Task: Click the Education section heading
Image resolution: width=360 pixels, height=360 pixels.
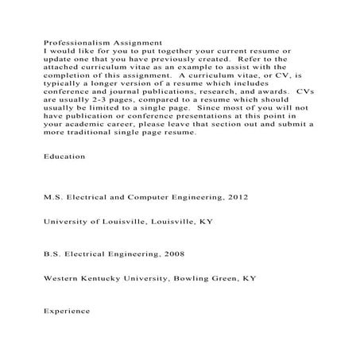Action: (x=64, y=157)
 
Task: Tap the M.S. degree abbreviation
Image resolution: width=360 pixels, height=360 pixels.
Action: (x=54, y=195)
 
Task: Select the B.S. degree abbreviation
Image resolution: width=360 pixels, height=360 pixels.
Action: (x=53, y=256)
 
